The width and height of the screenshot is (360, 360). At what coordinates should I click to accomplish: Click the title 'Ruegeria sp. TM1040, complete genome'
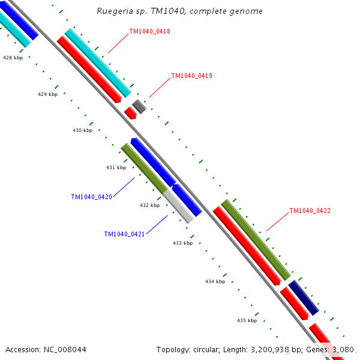point(179,11)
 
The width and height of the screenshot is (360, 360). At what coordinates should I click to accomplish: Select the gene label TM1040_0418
point(149,31)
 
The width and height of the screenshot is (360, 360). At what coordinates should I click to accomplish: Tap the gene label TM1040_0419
point(191,76)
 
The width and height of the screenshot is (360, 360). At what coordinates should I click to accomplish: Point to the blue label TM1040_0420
point(91,197)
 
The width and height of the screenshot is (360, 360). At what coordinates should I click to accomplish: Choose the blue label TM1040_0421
point(124,234)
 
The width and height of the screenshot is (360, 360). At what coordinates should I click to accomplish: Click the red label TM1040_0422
point(310,211)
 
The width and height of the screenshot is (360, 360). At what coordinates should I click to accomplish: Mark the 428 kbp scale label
point(13,58)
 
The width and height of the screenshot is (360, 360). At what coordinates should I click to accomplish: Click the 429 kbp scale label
point(48,94)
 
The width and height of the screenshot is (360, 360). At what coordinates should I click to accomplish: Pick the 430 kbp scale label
point(83,130)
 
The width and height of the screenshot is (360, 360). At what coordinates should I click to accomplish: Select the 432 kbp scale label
point(150,205)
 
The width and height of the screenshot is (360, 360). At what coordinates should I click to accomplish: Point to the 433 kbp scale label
point(183,243)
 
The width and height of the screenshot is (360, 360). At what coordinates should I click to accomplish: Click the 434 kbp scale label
point(215,281)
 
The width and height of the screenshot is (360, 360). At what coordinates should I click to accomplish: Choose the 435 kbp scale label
point(247,320)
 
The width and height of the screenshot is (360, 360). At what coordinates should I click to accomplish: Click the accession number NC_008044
point(46,349)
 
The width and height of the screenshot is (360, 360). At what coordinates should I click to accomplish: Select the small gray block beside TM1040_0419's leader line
point(139,107)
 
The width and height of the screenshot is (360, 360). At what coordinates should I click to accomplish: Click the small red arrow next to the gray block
point(130,112)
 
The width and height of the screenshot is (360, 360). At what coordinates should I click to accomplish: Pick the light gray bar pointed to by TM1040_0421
point(179,205)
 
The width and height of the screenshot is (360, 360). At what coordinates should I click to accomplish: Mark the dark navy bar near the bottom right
point(303,298)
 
